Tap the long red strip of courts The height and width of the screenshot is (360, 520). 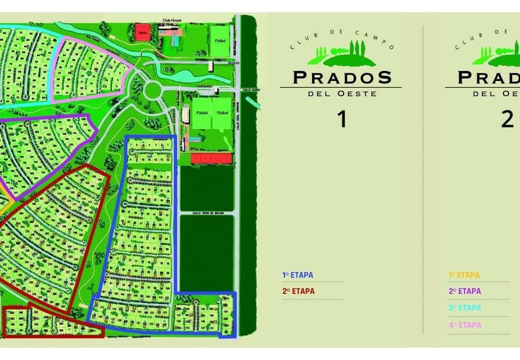(211, 159)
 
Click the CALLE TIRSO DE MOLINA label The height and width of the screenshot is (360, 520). (207, 213)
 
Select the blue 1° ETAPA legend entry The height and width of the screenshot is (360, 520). (298, 275)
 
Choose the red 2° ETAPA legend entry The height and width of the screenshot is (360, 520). (298, 292)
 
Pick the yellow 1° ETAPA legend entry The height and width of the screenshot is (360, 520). (464, 275)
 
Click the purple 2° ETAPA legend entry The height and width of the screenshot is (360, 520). (465, 292)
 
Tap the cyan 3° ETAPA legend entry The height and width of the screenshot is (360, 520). (465, 308)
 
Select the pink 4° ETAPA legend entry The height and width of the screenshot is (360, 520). (465, 325)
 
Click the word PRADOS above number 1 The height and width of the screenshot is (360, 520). (342, 78)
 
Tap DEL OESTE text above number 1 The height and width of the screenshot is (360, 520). (342, 94)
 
